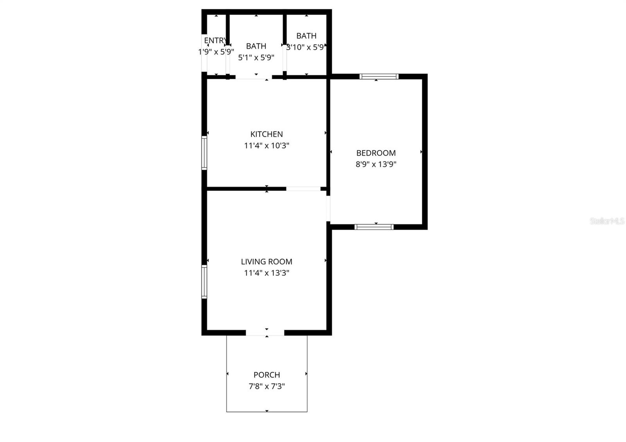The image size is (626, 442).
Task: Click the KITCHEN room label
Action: pyautogui.click(x=266, y=134)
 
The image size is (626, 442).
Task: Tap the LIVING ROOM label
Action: pyautogui.click(x=266, y=261)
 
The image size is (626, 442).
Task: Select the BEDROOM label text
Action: pyautogui.click(x=376, y=153)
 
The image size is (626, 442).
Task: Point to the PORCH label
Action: pyautogui.click(x=266, y=375)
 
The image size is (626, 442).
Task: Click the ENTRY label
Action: pyautogui.click(x=215, y=40)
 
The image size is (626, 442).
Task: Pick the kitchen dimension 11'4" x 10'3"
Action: pyautogui.click(x=266, y=146)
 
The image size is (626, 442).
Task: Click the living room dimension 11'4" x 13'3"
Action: pyautogui.click(x=266, y=273)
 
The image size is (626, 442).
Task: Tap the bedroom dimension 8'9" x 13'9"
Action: pyautogui.click(x=376, y=164)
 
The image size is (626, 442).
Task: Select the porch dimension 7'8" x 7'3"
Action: pyautogui.click(x=266, y=386)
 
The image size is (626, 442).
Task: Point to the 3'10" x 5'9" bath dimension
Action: pyautogui.click(x=306, y=47)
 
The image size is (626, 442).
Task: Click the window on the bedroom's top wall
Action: pyautogui.click(x=379, y=76)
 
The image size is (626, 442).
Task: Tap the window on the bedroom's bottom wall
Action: pyautogui.click(x=374, y=226)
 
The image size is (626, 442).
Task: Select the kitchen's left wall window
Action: pyautogui.click(x=204, y=152)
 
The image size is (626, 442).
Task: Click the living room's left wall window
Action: pyautogui.click(x=204, y=281)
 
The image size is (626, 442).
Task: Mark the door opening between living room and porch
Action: pyautogui.click(x=265, y=333)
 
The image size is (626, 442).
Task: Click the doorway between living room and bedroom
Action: pyautogui.click(x=329, y=208)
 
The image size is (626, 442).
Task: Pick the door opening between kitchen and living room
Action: pyautogui.click(x=303, y=189)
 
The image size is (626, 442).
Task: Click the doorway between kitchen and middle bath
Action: pyautogui.click(x=254, y=77)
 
